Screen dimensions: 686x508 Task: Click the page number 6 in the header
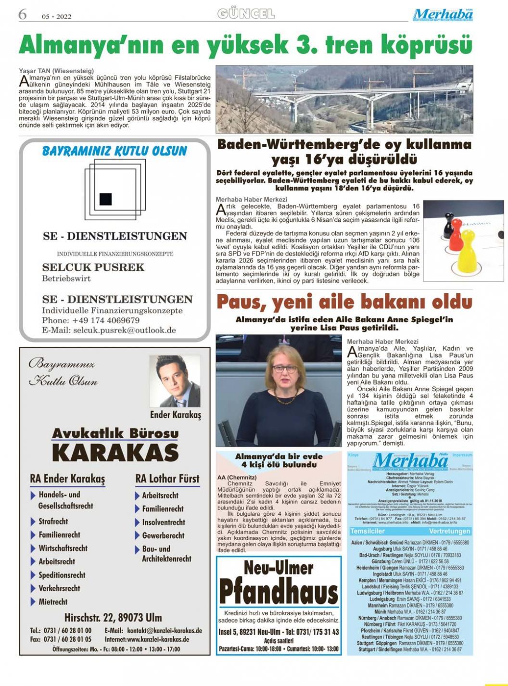point(22,14)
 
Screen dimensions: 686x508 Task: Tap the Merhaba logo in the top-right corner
point(443,14)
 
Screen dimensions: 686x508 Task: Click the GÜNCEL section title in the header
point(246,13)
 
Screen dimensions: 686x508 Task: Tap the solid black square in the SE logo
point(105,199)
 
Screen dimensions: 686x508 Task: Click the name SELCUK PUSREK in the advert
point(93,267)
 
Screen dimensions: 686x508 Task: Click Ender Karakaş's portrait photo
point(174,381)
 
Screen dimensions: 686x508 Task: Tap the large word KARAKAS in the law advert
point(115,453)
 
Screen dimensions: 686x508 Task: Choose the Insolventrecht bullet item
point(164,522)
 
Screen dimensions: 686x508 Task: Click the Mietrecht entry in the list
point(53,602)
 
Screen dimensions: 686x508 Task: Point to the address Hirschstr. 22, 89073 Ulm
point(113,617)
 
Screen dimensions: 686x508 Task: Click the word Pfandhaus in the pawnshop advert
point(279,591)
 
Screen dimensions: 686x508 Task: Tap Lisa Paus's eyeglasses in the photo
point(285,369)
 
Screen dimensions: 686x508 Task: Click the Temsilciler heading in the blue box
point(368,531)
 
